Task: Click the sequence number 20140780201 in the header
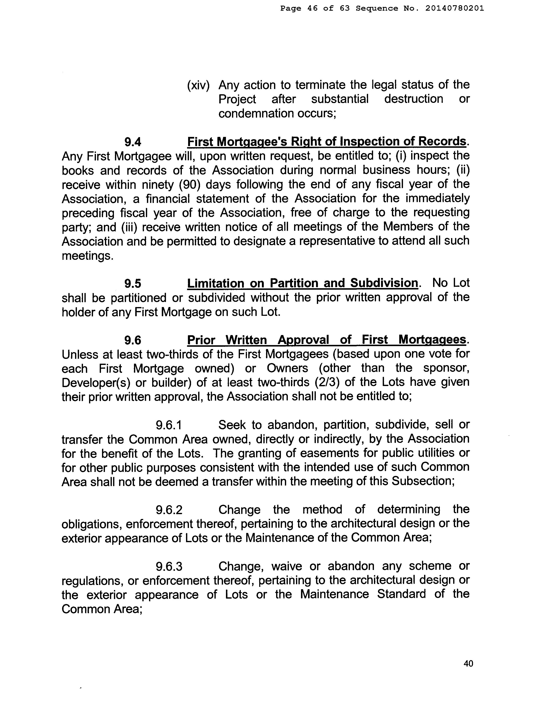pyautogui.click(x=455, y=9)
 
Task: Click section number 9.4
pyautogui.click(x=133, y=142)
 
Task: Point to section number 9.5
pyautogui.click(x=133, y=283)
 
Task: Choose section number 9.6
pyautogui.click(x=133, y=340)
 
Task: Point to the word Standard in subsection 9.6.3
pyautogui.click(x=401, y=594)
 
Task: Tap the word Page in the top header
pyautogui.click(x=291, y=9)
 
